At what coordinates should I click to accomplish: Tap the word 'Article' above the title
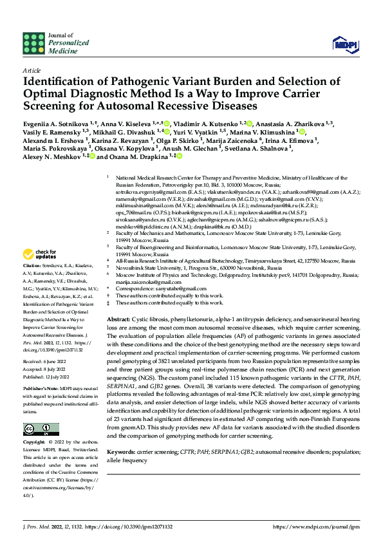(31, 70)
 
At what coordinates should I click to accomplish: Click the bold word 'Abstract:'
(118, 320)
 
